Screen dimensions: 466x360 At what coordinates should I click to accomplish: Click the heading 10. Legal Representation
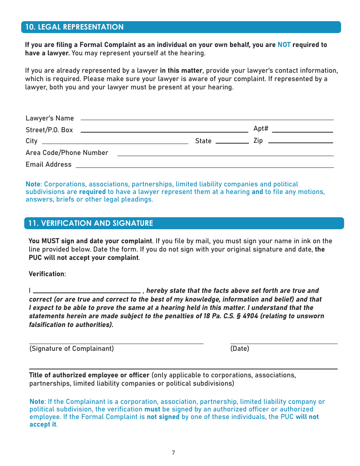pyautogui.click(x=74, y=27)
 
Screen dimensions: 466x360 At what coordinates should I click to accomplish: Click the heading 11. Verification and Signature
pyautogui.click(x=91, y=223)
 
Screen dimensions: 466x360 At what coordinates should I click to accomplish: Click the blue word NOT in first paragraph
pyautogui.click(x=284, y=45)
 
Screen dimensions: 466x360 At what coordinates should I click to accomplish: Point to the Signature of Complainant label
pyautogui.click(x=72, y=349)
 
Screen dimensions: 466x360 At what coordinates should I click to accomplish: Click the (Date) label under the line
pyautogui.click(x=239, y=349)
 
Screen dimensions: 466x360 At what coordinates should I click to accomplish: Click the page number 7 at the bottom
pyautogui.click(x=173, y=453)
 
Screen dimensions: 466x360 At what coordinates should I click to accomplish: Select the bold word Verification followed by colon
pyautogui.click(x=47, y=274)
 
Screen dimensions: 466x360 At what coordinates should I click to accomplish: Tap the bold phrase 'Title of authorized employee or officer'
pyautogui.click(x=89, y=375)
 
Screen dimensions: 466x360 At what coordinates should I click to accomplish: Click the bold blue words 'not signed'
pyautogui.click(x=163, y=417)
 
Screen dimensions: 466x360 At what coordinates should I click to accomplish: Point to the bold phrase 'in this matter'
pyautogui.click(x=182, y=70)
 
